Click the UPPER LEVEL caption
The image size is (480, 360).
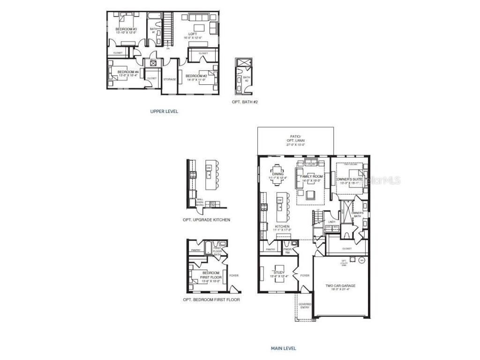click(x=164, y=112)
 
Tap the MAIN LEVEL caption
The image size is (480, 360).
click(x=283, y=348)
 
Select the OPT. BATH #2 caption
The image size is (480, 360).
click(x=245, y=102)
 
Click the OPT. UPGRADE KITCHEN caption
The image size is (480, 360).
click(x=206, y=219)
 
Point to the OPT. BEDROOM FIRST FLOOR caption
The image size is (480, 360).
click(x=211, y=300)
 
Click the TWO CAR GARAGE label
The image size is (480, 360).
click(x=340, y=285)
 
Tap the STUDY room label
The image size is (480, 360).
click(x=279, y=272)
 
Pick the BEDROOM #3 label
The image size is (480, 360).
click(x=126, y=30)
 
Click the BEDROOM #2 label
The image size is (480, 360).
click(x=196, y=76)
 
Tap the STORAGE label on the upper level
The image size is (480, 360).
click(x=169, y=79)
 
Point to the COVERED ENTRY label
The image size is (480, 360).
click(x=305, y=306)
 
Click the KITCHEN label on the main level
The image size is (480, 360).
click(x=283, y=227)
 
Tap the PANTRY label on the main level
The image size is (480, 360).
click(x=270, y=249)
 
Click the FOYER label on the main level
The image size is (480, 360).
click(x=305, y=276)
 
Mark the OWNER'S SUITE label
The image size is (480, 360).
click(x=349, y=180)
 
